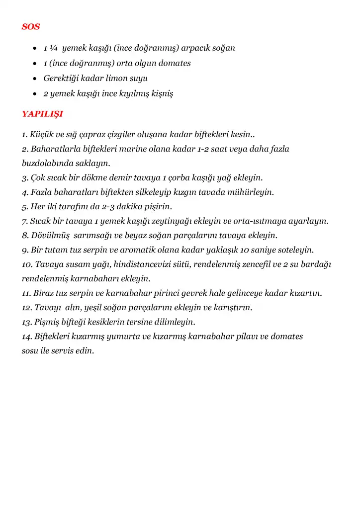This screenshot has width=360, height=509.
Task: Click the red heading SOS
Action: pos(31,26)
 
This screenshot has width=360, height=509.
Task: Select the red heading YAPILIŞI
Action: pos(42,114)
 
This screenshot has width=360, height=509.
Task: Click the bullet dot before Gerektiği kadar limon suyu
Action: pos(34,79)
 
